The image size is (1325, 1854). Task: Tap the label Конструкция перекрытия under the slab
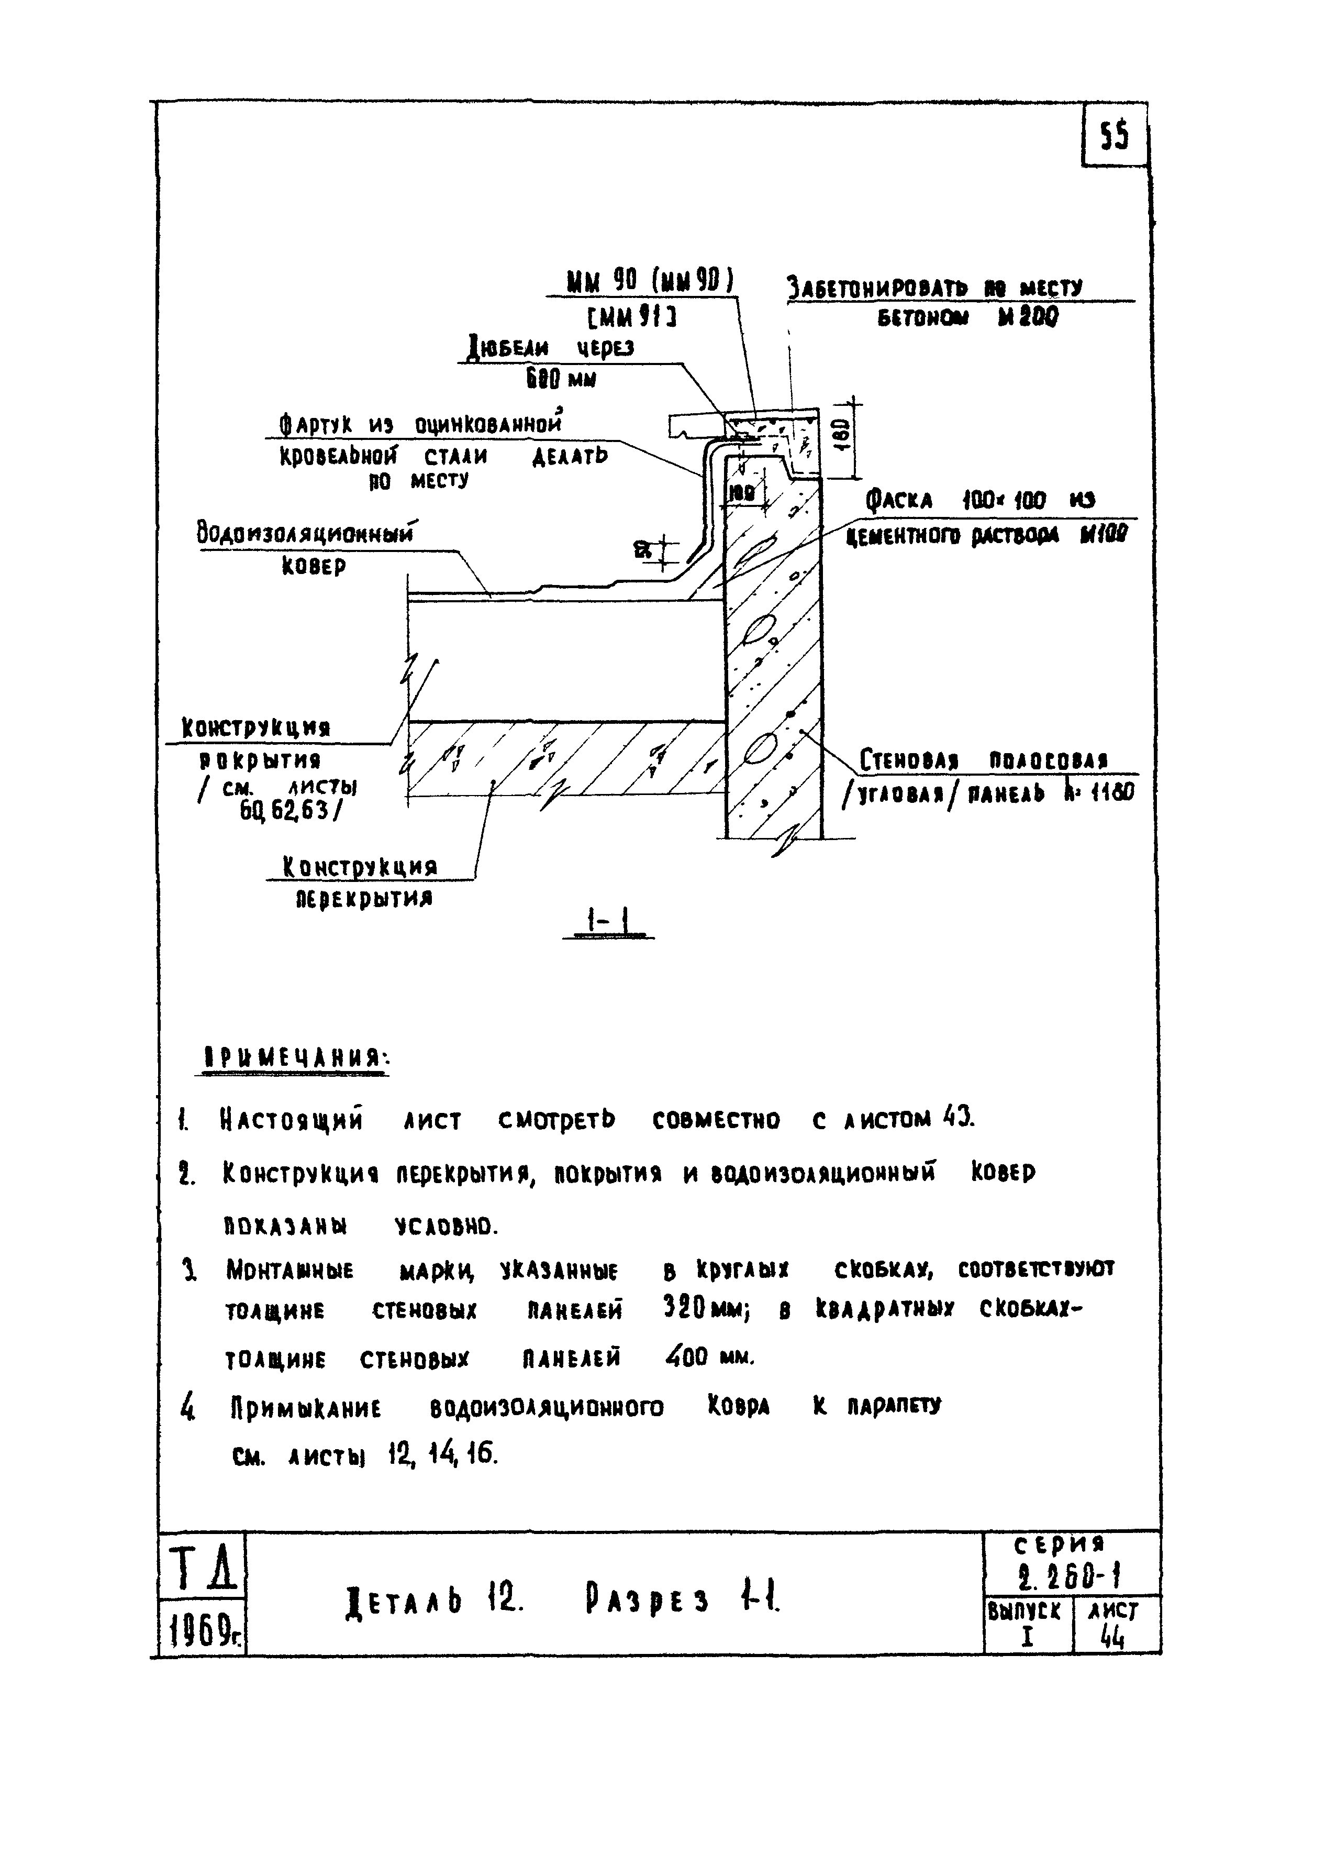(x=360, y=883)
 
